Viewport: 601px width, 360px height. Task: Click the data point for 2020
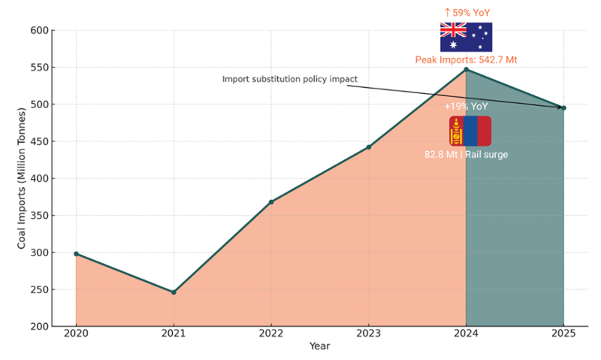(x=76, y=254)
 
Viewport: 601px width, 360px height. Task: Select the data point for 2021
(x=174, y=292)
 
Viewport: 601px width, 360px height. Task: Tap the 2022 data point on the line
(x=271, y=202)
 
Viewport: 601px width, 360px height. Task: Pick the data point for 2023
(x=368, y=147)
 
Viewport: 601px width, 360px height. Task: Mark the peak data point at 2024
(x=466, y=70)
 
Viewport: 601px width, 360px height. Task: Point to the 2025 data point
(x=563, y=107)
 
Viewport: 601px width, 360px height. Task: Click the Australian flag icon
(x=466, y=37)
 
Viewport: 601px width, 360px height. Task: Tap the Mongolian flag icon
(x=470, y=131)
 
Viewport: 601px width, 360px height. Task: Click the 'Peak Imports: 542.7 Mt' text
(x=466, y=59)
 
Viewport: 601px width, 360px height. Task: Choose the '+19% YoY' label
(x=466, y=107)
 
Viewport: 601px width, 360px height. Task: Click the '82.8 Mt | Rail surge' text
(x=466, y=154)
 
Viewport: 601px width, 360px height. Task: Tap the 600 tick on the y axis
(x=38, y=31)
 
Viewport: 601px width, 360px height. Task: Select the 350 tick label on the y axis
(x=38, y=216)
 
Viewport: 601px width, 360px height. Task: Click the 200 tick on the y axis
(x=38, y=327)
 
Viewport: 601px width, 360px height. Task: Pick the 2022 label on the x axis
(x=271, y=336)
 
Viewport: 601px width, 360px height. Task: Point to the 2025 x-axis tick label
(x=563, y=336)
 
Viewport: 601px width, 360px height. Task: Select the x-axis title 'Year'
(x=319, y=347)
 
